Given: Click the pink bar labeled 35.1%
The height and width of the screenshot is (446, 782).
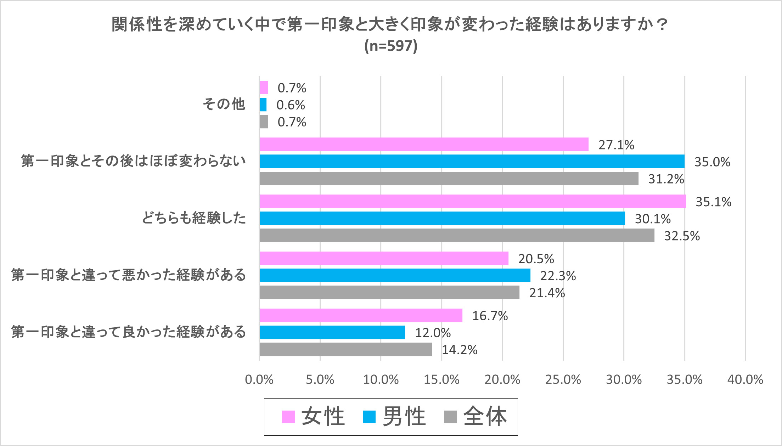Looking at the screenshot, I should point(472,201).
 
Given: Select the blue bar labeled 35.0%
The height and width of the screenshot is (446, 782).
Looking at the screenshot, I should point(472,161).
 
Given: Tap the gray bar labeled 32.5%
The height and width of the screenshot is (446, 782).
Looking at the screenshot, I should point(457,235).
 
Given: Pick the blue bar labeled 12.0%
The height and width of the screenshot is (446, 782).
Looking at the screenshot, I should point(332,332).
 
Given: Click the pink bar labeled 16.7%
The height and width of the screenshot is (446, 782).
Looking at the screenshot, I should point(361,315).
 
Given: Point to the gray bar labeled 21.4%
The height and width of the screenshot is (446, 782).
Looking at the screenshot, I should point(389,292).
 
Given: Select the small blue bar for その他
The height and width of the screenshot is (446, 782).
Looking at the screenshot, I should point(263,105).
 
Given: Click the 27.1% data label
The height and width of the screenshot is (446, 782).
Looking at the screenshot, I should point(616,145).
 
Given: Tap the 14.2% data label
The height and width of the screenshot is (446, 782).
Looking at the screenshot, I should point(460,350).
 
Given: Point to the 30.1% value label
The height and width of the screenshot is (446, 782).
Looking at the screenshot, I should point(653,219).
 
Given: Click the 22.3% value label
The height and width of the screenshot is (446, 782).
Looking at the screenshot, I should point(558,276).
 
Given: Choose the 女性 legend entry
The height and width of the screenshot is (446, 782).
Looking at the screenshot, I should point(313,417).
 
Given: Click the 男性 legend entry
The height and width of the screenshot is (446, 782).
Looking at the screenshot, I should point(394,417).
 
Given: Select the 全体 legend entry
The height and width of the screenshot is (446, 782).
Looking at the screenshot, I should point(476,417).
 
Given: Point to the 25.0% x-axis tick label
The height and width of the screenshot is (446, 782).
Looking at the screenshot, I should point(563,380).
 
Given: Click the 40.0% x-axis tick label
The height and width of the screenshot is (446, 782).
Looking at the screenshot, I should point(745,380).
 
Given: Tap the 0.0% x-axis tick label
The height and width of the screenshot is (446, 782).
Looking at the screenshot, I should point(259,380).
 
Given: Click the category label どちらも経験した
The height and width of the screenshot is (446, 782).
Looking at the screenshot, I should point(194,218).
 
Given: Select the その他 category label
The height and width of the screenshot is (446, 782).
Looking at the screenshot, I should point(224,104).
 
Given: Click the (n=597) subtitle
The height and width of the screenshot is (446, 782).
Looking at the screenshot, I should point(391,46).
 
